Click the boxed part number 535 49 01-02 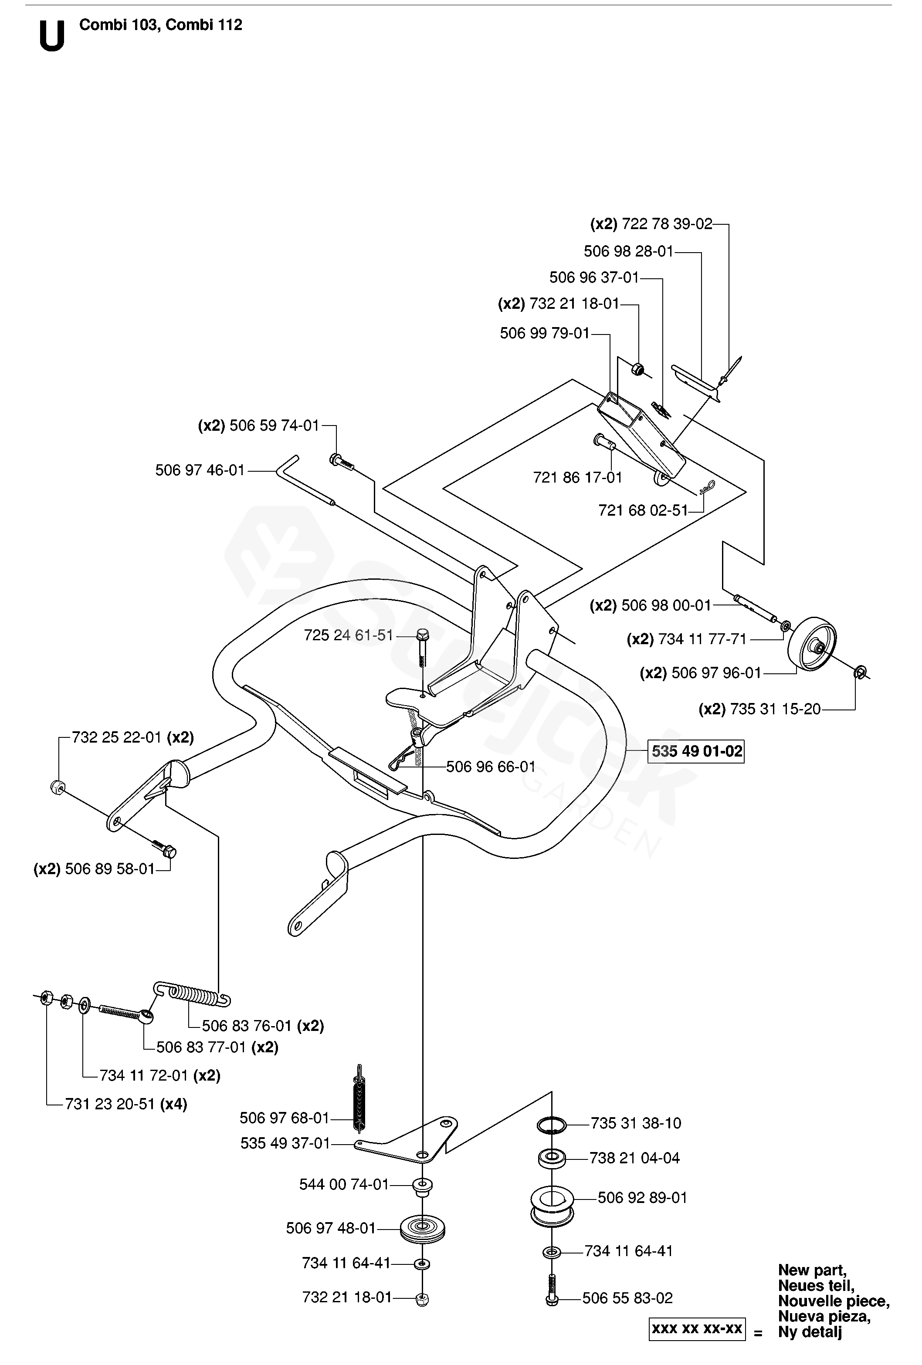(x=696, y=751)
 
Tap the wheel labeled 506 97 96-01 (x=811, y=644)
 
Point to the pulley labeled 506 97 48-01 (x=422, y=1228)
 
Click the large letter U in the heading (x=52, y=37)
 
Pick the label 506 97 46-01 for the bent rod (x=200, y=470)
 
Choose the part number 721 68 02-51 (x=643, y=510)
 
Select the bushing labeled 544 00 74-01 (x=422, y=1186)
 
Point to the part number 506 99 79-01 (x=544, y=334)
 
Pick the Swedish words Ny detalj (x=810, y=1331)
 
